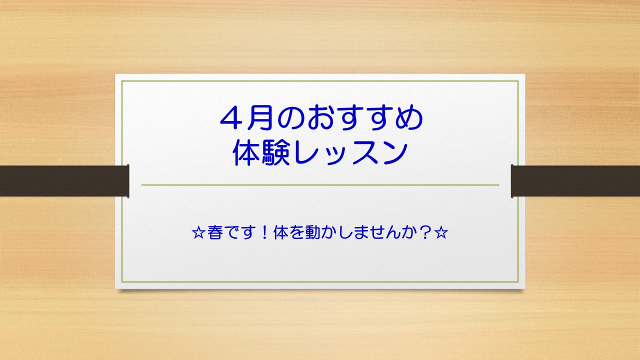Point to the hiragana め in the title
410,119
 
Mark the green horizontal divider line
320,185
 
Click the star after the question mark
440,234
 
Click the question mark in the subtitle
426,234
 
